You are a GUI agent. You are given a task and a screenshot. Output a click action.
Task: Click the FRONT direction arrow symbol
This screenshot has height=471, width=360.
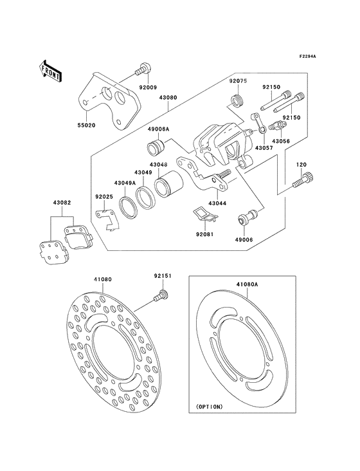click(x=51, y=69)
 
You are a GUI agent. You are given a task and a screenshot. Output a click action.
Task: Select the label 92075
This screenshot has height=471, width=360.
click(x=239, y=82)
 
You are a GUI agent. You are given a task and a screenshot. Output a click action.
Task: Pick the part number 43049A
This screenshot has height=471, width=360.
click(x=125, y=182)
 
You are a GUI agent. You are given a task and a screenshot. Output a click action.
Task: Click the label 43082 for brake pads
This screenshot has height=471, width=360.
click(x=62, y=204)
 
